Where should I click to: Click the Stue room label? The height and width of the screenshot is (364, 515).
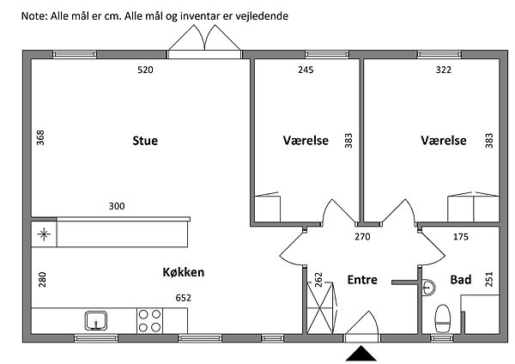tap(145, 141)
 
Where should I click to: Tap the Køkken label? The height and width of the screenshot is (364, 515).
tap(183, 273)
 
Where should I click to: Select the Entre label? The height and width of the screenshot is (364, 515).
tap(362, 279)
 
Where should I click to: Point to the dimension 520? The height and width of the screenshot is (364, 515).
tap(145, 70)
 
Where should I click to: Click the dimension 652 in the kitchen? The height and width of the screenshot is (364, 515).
tap(183, 298)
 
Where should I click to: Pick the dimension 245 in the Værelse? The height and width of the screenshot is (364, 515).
tap(305, 70)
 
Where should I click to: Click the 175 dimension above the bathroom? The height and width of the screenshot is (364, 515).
tap(459, 235)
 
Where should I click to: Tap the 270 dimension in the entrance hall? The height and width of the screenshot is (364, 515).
tap(362, 235)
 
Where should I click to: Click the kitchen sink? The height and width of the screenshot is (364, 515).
tap(96, 321)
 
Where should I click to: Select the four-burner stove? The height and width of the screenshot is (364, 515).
tap(150, 321)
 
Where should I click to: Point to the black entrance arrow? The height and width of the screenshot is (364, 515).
tap(360, 354)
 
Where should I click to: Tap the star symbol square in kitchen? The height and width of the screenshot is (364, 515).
tap(44, 233)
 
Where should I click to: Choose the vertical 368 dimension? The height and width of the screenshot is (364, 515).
tap(39, 139)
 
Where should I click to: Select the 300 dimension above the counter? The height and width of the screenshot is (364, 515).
tap(117, 206)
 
